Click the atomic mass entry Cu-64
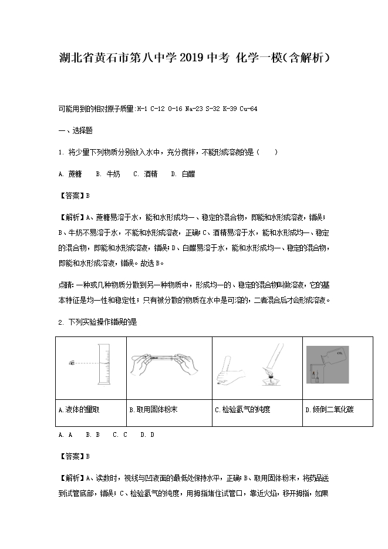coord(249,109)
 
